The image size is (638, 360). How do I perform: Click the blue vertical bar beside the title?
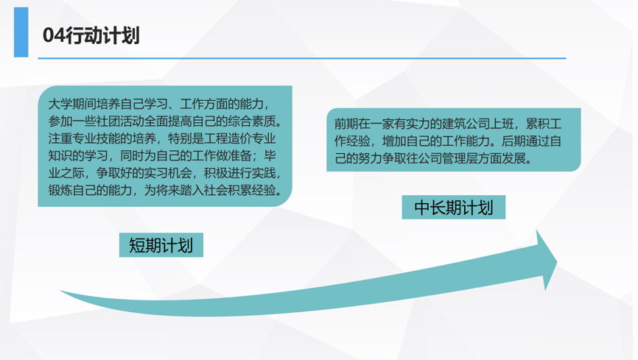coord(21,32)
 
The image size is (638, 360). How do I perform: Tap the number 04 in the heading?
coord(54,35)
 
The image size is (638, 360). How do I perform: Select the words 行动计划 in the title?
coord(102,35)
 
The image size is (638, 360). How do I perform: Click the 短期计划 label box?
coord(161,245)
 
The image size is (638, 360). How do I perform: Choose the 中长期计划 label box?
coord(454,208)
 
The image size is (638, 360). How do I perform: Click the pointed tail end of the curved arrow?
coord(60,292)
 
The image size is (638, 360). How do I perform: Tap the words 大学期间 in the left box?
coord(72,105)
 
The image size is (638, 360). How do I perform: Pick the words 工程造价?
coord(228,138)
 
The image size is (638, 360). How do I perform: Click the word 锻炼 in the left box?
coord(60,191)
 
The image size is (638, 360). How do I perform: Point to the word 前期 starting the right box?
coord(346,124)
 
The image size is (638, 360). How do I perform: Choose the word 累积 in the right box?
coord(538,124)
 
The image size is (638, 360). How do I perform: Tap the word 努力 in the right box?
coord(371,158)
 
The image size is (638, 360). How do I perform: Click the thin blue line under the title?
coord(302,58)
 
